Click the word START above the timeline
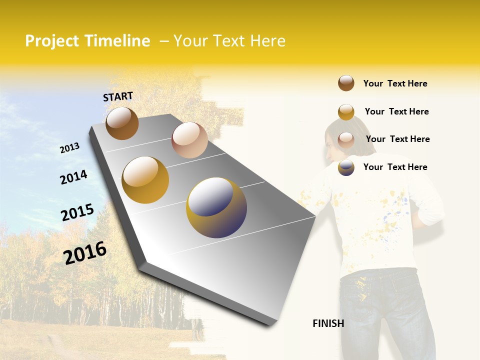tap(118, 96)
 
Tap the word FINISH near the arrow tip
tap(328, 323)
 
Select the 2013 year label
tap(69, 148)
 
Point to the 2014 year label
tap(73, 177)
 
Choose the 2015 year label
tap(77, 212)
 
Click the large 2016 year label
tap(85, 252)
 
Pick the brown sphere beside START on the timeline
tap(122, 123)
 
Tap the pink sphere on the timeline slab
tap(189, 140)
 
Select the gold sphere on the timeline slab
tap(145, 180)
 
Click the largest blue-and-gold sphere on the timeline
tap(216, 207)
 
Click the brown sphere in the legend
tap(346, 83)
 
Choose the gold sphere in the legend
tap(346, 111)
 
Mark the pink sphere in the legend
tap(346, 139)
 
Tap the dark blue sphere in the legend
tap(346, 167)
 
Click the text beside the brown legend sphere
tap(395, 83)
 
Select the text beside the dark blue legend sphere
tap(395, 167)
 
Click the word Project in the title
tap(52, 41)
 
